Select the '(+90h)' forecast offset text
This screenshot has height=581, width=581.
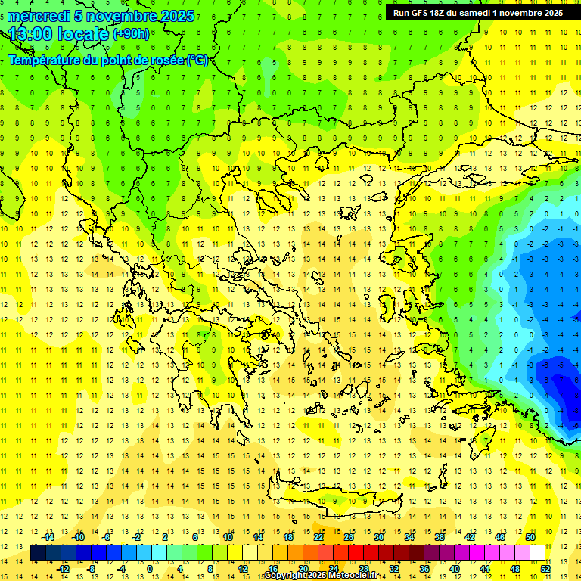[131, 34]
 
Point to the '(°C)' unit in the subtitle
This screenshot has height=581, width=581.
[197, 60]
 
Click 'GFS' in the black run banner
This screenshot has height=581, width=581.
[423, 13]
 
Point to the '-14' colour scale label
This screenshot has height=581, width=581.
[48, 537]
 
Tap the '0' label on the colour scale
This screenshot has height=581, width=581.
[150, 569]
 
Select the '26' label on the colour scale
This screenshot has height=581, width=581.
[349, 537]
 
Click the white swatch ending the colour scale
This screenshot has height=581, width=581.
[537, 553]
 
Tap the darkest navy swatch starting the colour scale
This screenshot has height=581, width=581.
[38, 553]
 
